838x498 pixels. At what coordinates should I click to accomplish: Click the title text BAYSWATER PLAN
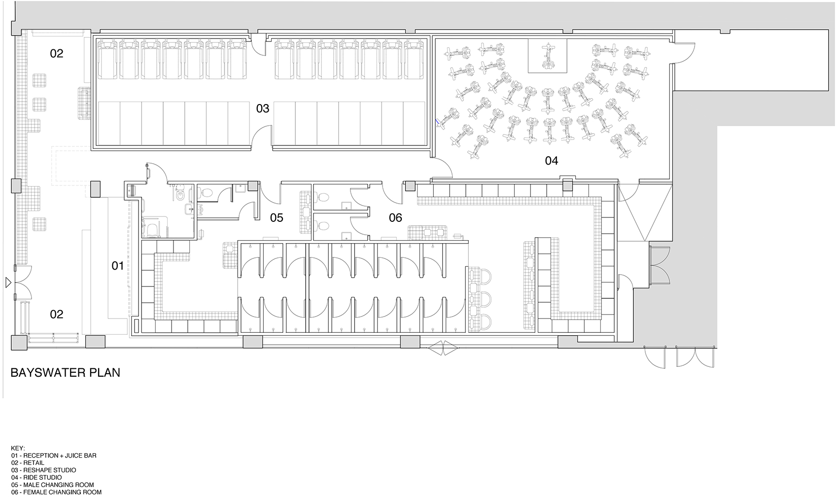point(66,373)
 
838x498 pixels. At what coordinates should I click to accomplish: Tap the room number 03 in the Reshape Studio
point(263,108)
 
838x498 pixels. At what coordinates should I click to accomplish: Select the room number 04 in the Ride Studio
point(552,161)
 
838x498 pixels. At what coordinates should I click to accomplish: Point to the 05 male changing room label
point(277,218)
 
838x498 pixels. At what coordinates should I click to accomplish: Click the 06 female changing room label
point(395,217)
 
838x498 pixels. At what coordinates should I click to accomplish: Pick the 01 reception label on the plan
point(118,266)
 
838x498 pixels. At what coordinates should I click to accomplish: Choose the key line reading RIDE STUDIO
point(36,477)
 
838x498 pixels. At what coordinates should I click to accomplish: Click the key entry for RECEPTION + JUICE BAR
point(54,456)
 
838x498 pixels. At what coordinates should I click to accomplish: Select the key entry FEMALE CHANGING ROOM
point(56,493)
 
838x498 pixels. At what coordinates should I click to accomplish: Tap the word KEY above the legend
point(18,448)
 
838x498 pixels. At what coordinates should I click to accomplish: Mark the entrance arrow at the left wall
point(8,283)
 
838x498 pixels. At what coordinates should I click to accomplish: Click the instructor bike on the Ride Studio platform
point(548,57)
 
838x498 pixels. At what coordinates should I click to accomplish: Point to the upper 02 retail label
point(57,54)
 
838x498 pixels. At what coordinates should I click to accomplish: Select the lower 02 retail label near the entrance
point(57,314)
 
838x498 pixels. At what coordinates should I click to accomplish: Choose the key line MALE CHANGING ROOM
point(52,485)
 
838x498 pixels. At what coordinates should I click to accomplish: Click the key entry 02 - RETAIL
point(28,463)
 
